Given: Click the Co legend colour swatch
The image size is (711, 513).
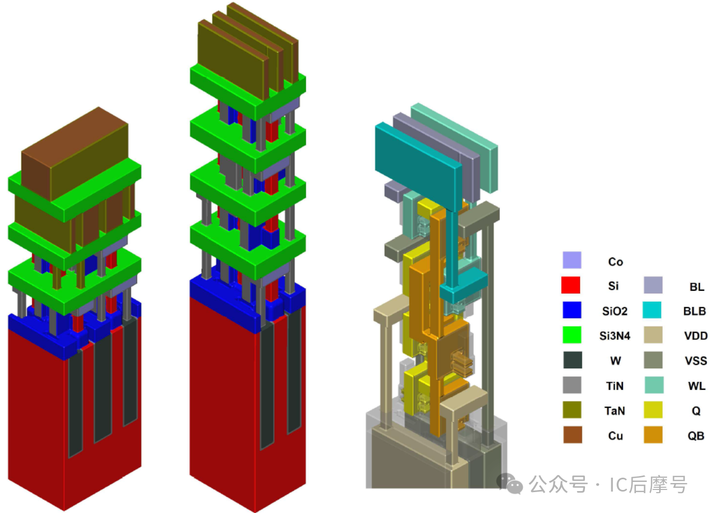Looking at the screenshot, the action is (x=572, y=260).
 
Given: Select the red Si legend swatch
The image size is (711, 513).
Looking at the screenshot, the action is (x=571, y=285).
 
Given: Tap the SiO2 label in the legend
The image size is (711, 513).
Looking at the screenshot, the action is (x=615, y=311).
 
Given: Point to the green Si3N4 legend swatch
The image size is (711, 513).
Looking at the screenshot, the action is (x=572, y=335).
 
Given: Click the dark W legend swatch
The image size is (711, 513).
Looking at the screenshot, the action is (x=573, y=360).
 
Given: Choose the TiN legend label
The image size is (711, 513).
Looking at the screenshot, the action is (x=615, y=386).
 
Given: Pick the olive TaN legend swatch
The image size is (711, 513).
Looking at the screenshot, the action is (x=572, y=410).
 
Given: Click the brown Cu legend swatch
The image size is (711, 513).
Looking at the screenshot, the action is (x=573, y=434).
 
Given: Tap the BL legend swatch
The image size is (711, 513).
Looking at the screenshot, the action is (x=653, y=285).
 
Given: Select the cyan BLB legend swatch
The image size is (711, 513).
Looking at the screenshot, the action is (x=651, y=310).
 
